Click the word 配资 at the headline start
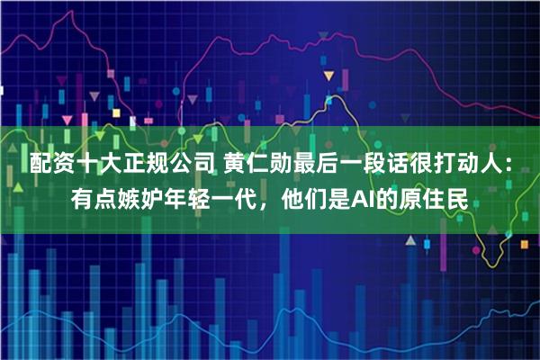point(51,165)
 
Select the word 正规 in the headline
point(146,165)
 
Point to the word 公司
point(193,165)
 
